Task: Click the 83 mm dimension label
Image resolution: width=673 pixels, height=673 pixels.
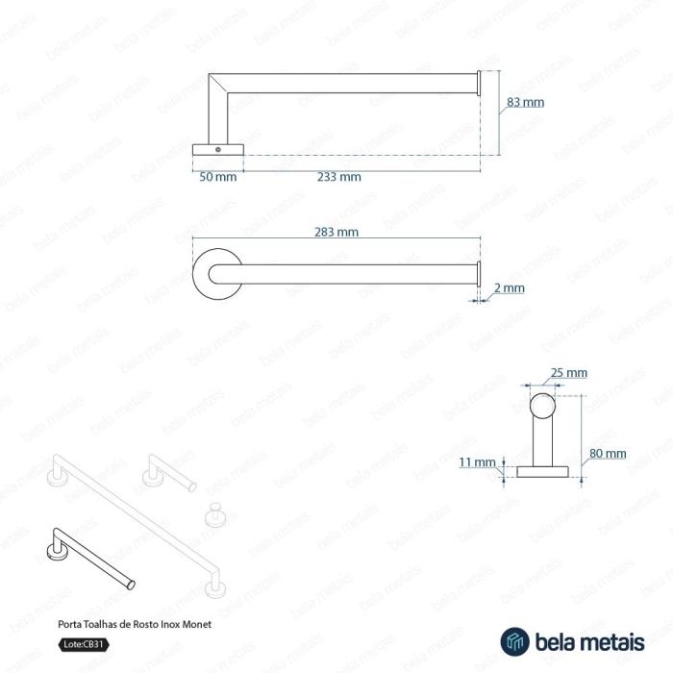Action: tap(525, 102)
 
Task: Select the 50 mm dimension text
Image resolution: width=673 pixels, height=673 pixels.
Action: tap(218, 177)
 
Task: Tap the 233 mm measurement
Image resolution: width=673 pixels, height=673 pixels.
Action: tap(339, 177)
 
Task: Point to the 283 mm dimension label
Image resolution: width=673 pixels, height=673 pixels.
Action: tap(336, 233)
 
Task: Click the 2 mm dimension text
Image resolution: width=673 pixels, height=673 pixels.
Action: tap(509, 288)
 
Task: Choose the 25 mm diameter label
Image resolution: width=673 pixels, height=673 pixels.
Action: tap(569, 373)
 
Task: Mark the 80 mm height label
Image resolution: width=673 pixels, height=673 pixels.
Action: tap(608, 453)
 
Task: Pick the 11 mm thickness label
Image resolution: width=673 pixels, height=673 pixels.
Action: tap(477, 462)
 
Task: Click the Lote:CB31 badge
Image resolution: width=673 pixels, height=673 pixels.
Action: tap(84, 644)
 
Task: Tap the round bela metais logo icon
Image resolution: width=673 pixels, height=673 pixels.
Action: tap(514, 641)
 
